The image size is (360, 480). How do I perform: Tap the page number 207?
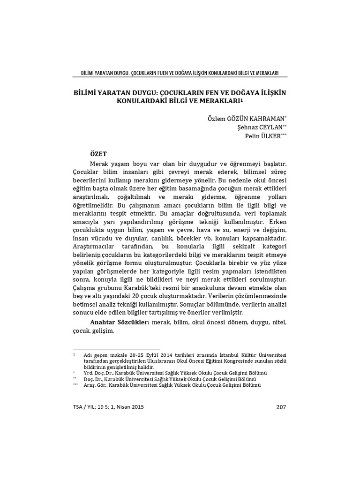click(281, 407)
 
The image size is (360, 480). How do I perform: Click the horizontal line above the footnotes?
click(117, 349)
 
